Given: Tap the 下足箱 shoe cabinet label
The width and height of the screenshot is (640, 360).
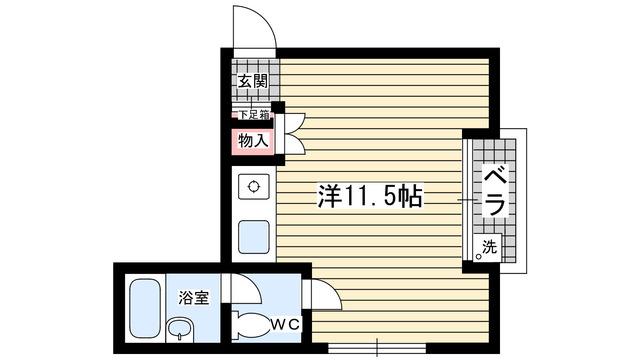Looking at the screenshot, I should (253, 113).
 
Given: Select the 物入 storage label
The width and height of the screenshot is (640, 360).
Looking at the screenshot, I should (253, 140).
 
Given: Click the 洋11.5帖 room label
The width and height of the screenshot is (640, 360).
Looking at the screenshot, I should (369, 196).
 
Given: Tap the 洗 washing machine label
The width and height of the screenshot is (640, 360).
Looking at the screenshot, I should (490, 245).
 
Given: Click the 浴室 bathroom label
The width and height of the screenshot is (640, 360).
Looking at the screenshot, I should (193, 297).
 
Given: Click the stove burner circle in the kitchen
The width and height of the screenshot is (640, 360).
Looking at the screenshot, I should (253, 186).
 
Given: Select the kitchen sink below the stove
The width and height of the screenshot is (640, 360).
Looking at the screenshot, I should (253, 239).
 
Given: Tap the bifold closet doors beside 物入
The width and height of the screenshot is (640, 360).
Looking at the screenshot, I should (293, 135).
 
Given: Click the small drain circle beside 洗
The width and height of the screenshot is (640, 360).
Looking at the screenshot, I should (478, 256).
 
